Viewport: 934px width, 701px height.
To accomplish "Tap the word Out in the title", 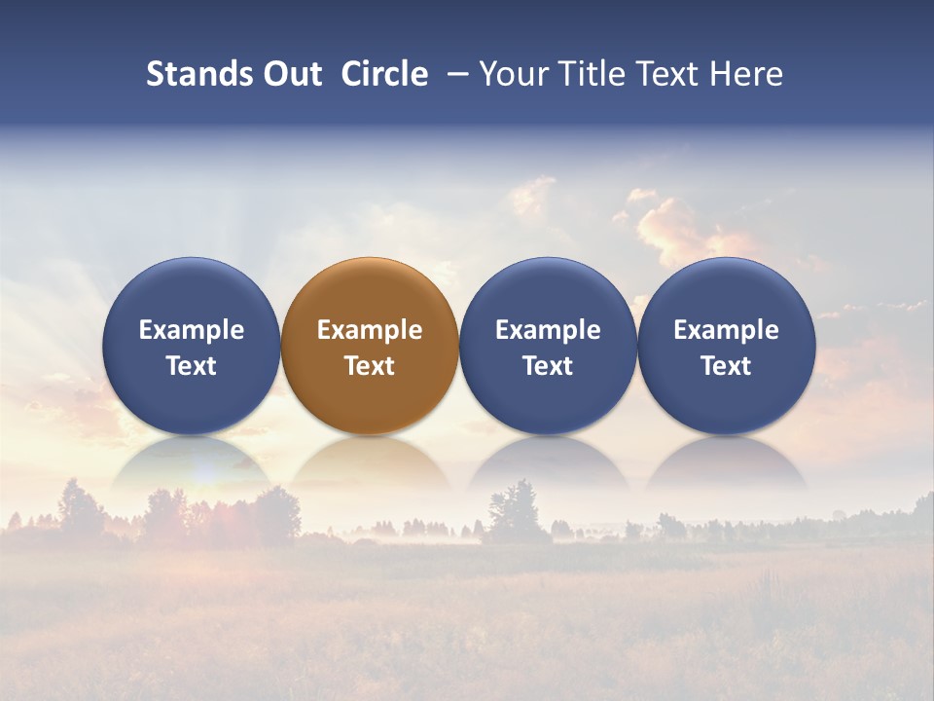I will point(290,74).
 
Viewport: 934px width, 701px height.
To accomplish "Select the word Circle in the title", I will point(384,74).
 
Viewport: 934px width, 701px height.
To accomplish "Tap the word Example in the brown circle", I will point(370,330).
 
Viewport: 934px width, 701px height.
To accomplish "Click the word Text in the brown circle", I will point(370,366).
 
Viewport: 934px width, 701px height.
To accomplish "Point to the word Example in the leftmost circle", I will point(191,330).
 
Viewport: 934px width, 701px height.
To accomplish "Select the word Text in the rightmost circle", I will point(727,366).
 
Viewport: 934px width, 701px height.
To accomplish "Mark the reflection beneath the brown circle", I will point(370,464).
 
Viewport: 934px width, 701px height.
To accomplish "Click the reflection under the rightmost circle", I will point(727,464).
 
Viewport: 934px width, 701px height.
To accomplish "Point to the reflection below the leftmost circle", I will point(191,464).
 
